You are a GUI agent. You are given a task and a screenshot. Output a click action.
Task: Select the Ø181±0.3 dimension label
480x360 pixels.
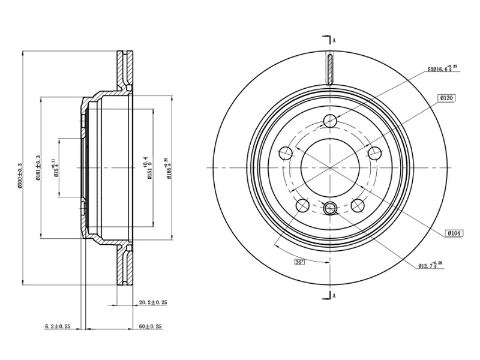click(x=38, y=167)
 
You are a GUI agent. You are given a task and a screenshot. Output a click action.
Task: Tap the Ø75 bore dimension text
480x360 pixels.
click(x=56, y=167)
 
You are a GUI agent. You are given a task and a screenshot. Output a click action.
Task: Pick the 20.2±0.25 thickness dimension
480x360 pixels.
click(x=152, y=302)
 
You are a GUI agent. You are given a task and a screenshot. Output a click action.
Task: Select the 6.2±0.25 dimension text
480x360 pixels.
click(x=58, y=326)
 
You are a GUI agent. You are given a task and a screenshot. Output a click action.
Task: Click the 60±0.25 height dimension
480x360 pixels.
click(x=152, y=326)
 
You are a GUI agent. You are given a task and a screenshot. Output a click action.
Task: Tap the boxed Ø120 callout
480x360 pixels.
click(x=447, y=98)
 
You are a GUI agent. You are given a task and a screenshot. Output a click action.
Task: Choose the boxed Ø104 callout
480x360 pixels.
click(x=452, y=232)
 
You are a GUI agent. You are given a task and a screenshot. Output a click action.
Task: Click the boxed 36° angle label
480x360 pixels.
click(x=299, y=262)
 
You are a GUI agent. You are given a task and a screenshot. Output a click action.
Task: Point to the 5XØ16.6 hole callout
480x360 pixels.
click(x=442, y=70)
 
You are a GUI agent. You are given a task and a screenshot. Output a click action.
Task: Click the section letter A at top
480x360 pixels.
click(x=334, y=41)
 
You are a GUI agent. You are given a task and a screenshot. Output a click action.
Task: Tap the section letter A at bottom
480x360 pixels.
click(x=334, y=295)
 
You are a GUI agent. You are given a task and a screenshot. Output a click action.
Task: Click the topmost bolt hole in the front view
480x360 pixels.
click(x=329, y=121)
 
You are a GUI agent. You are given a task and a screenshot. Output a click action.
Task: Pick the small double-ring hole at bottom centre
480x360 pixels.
click(x=329, y=209)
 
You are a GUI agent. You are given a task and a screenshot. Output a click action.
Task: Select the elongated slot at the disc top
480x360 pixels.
click(x=329, y=68)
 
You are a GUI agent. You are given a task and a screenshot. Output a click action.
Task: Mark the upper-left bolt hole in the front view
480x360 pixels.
click(x=286, y=153)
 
